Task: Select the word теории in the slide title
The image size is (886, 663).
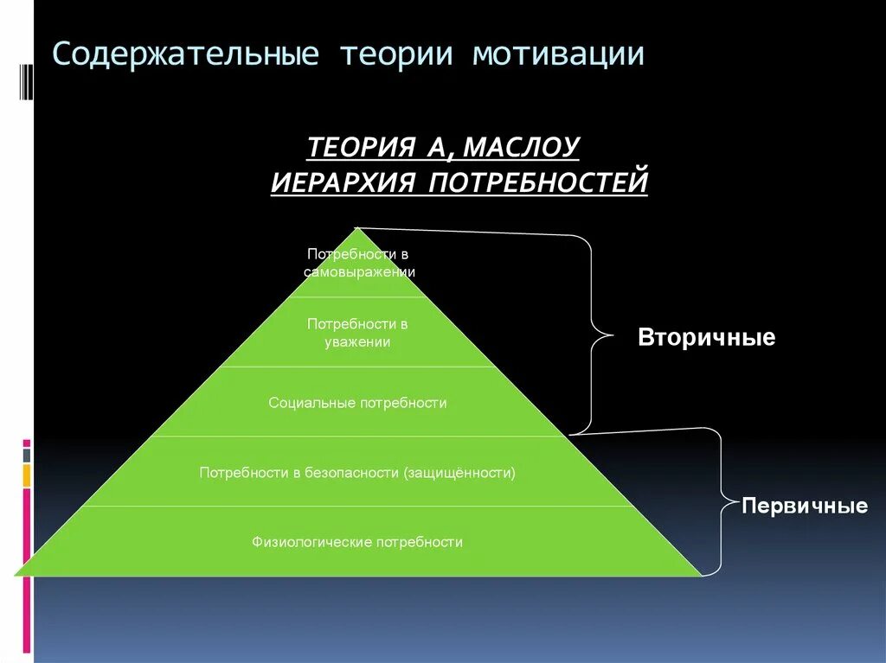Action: pyautogui.click(x=395, y=54)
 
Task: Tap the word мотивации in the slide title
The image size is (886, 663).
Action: pyautogui.click(x=558, y=54)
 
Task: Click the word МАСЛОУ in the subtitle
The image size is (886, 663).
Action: pyautogui.click(x=521, y=147)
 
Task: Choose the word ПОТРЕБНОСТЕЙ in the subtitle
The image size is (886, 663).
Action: pyautogui.click(x=538, y=182)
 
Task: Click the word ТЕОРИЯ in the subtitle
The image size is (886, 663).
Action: pyautogui.click(x=361, y=147)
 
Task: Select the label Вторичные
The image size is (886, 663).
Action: pyautogui.click(x=706, y=337)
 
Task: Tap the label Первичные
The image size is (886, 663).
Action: pyautogui.click(x=805, y=507)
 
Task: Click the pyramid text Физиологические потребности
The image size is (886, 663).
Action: pyautogui.click(x=357, y=543)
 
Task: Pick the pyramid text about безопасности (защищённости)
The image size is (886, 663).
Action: pyautogui.click(x=357, y=473)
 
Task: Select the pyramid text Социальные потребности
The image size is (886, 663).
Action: pyautogui.click(x=357, y=403)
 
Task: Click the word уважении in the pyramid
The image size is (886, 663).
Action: pyautogui.click(x=357, y=342)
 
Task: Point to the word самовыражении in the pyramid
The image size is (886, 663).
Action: pyautogui.click(x=359, y=271)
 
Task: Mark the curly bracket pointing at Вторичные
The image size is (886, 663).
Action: pyautogui.click(x=594, y=333)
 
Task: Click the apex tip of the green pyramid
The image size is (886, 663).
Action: pyautogui.click(x=356, y=229)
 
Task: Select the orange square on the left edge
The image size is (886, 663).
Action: pyautogui.click(x=27, y=475)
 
